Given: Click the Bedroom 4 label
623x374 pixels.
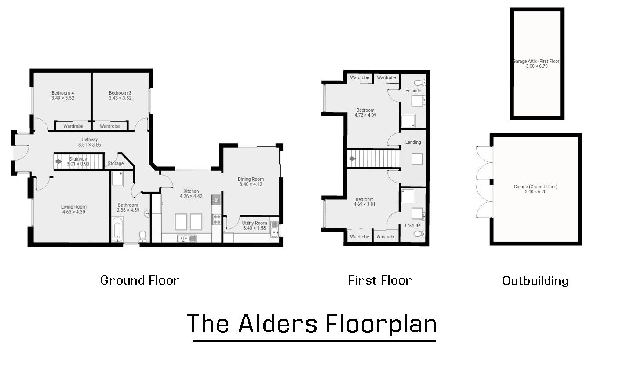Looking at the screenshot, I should (x=62, y=93).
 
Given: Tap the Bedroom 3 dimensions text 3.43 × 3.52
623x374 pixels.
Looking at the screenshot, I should (x=120, y=98).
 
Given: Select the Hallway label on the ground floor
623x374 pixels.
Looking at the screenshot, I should (x=90, y=139).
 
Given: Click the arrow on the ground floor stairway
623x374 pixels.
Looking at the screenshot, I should (x=59, y=161).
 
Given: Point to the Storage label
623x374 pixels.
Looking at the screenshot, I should (x=116, y=164).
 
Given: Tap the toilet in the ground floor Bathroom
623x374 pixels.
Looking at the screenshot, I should (x=142, y=237).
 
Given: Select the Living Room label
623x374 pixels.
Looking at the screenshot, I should (x=74, y=207).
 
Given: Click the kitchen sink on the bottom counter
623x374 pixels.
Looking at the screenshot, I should (x=187, y=238).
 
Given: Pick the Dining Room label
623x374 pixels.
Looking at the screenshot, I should (x=251, y=179).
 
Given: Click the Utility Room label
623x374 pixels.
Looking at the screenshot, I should (x=255, y=223).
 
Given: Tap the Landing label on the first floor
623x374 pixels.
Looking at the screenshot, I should (x=413, y=142).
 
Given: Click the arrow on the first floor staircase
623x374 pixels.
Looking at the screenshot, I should (x=352, y=158).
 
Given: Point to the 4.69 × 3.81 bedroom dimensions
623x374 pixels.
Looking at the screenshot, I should (x=364, y=204).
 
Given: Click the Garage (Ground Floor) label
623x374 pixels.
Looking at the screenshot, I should (x=536, y=187).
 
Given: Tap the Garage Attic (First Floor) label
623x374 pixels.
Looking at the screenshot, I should (x=536, y=61).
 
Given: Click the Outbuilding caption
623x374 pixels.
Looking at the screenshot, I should (x=535, y=281).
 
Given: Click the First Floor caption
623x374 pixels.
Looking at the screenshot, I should (x=380, y=280).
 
